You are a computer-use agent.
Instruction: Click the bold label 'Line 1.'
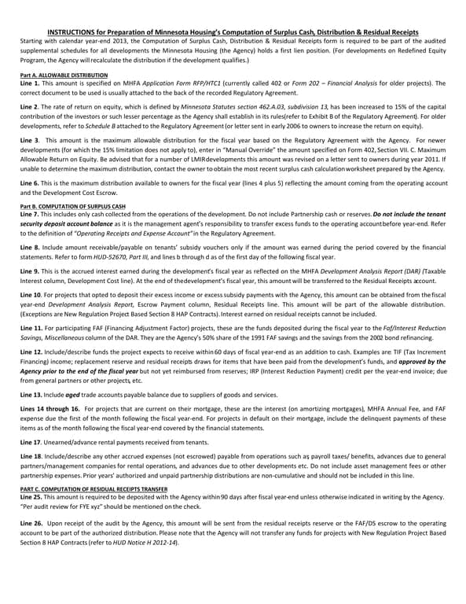(x=30, y=83)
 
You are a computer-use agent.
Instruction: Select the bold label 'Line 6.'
(x=30, y=182)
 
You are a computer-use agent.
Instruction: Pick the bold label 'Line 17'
(x=30, y=443)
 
